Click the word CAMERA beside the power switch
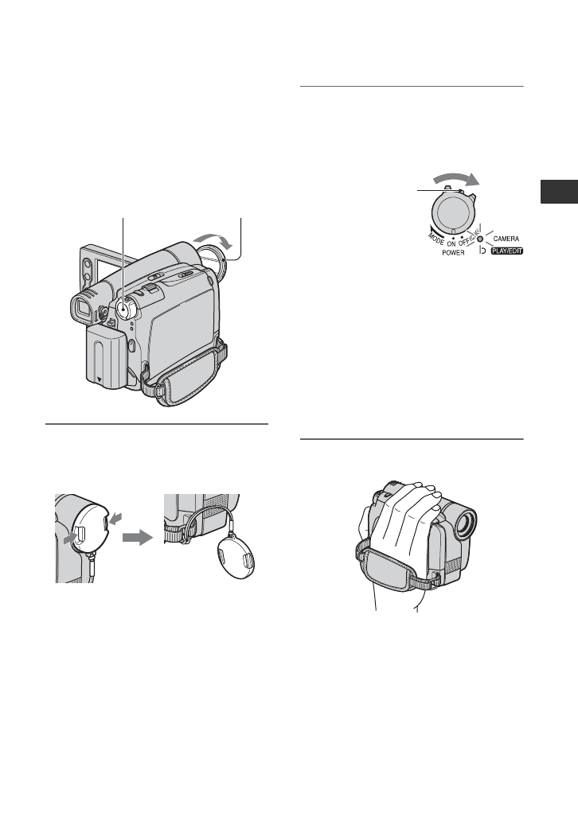pos(506,239)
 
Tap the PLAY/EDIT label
pos(507,251)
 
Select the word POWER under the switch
pos(453,252)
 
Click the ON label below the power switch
pos(451,243)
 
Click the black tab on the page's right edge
pos(559,192)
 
